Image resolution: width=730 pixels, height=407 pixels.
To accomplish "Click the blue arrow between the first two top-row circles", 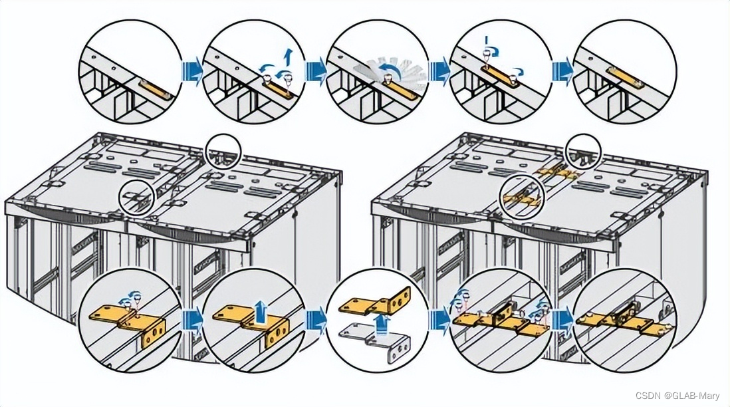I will point(191,72).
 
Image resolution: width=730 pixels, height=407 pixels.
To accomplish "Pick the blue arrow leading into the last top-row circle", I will point(562,72).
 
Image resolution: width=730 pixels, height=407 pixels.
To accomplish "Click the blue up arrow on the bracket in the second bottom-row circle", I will point(261,309).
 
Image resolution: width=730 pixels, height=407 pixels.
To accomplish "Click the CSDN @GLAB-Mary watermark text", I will point(677,396).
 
